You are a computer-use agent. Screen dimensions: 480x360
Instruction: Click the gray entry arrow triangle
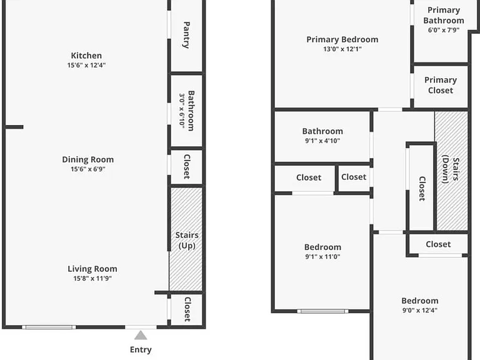pyautogui.click(x=141, y=335)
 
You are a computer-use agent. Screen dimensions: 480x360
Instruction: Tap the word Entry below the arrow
pyautogui.click(x=141, y=349)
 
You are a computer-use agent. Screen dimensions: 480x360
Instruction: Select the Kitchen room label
pyautogui.click(x=86, y=56)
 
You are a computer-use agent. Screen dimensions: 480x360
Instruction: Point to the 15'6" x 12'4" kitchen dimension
pyautogui.click(x=86, y=65)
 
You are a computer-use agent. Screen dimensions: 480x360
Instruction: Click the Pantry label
pyautogui.click(x=186, y=35)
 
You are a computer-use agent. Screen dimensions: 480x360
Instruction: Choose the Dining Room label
pyautogui.click(x=88, y=159)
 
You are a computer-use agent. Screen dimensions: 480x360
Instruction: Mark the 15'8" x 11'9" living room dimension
pyautogui.click(x=92, y=278)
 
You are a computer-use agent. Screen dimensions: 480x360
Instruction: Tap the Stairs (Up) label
pyautogui.click(x=187, y=241)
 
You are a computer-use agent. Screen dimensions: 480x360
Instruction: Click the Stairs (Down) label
pyautogui.click(x=451, y=171)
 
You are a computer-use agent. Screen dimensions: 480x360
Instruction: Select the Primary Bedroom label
pyautogui.click(x=342, y=39)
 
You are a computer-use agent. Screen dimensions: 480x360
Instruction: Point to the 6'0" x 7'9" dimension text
pyautogui.click(x=444, y=30)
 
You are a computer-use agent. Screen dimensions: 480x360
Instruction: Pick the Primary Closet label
pyautogui.click(x=441, y=85)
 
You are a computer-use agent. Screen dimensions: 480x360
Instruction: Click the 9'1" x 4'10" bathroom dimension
pyautogui.click(x=322, y=141)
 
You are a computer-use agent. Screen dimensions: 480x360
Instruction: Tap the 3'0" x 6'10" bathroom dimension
pyautogui.click(x=182, y=111)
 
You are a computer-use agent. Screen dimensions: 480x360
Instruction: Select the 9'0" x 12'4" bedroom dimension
pyautogui.click(x=420, y=310)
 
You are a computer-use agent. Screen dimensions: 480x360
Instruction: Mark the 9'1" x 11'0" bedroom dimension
pyautogui.click(x=322, y=256)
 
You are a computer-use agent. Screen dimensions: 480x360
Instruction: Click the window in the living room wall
pyautogui.click(x=49, y=327)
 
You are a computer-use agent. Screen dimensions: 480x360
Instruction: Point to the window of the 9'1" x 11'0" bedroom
pyautogui.click(x=322, y=311)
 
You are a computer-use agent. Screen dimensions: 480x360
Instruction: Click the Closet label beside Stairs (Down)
pyautogui.click(x=422, y=189)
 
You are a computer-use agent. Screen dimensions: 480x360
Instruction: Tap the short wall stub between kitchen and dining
pyautogui.click(x=14, y=127)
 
